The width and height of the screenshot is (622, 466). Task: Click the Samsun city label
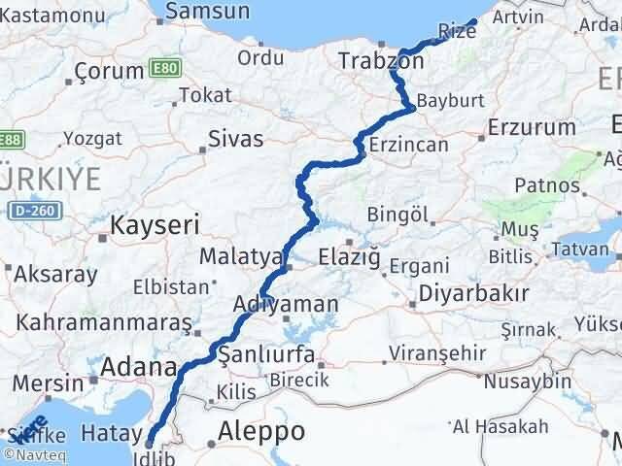(207, 12)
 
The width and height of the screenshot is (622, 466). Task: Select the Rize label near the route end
(458, 31)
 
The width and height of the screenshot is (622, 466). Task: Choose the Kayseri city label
(155, 225)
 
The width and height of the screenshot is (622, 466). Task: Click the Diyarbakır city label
(472, 293)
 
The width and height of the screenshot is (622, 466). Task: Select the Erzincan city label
(408, 145)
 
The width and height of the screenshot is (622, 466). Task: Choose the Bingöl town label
(398, 214)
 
